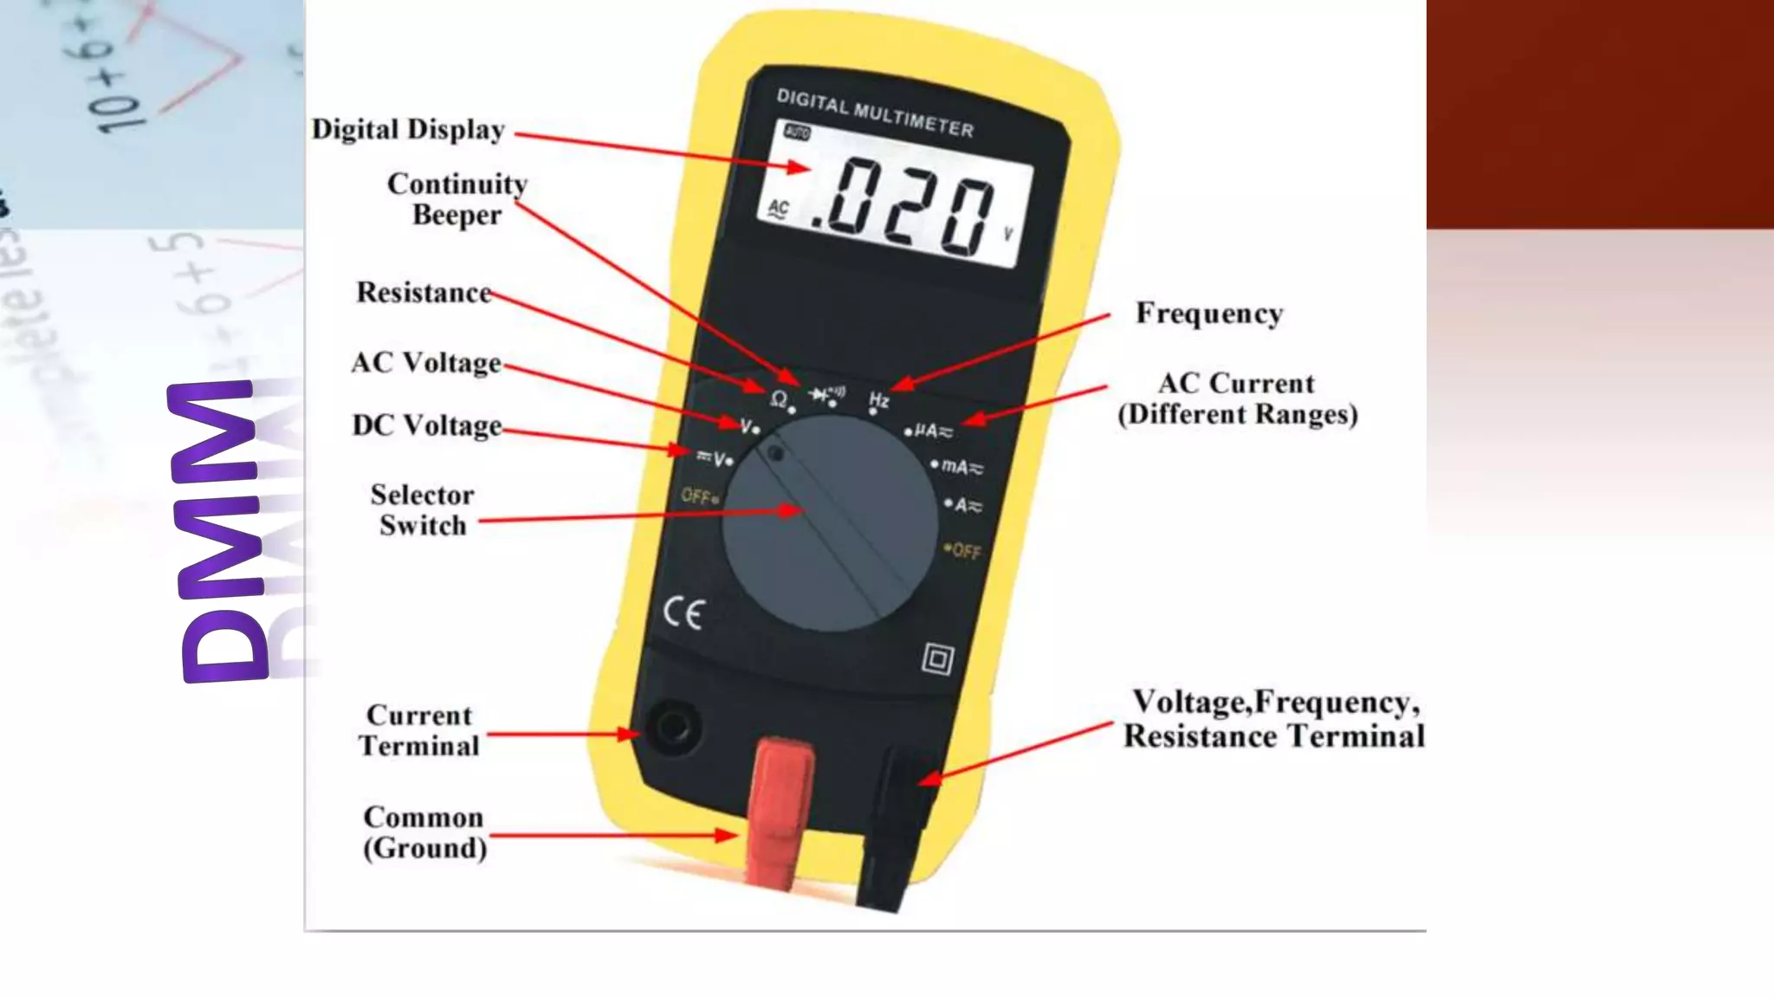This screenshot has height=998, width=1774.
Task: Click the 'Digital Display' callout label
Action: [408, 130]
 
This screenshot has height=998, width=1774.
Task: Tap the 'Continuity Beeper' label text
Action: [456, 199]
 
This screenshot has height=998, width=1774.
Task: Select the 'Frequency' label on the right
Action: [1209, 313]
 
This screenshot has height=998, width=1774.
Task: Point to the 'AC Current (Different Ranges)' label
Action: [1237, 399]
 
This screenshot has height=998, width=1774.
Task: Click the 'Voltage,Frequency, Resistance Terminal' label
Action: [1273, 719]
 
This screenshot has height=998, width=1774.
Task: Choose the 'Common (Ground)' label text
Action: [424, 833]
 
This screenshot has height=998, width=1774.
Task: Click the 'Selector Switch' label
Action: [422, 510]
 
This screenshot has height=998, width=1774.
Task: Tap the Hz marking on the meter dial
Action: [878, 400]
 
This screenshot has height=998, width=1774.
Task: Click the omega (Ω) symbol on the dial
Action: [778, 399]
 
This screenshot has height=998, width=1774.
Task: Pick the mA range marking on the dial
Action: [961, 467]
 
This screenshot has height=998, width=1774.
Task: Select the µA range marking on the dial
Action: [932, 431]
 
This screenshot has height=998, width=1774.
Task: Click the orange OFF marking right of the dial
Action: [963, 551]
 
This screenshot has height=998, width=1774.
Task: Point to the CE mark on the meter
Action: [683, 613]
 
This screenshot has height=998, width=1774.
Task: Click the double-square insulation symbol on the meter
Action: [937, 659]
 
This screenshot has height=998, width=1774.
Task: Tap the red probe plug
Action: [782, 806]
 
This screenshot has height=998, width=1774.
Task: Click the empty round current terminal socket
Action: [673, 726]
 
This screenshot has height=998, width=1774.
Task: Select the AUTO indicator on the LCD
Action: [796, 133]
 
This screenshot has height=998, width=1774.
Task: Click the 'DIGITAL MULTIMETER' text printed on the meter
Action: [875, 113]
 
